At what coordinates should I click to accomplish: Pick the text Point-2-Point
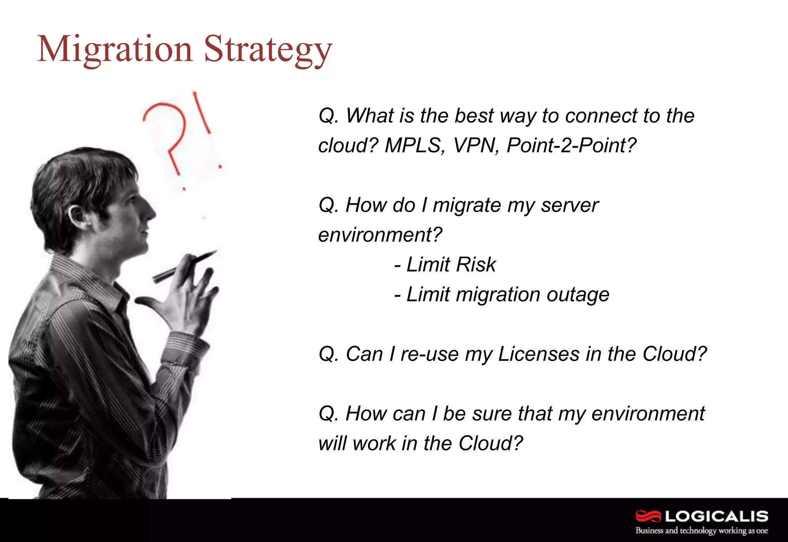571,146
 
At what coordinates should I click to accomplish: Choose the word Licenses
539,354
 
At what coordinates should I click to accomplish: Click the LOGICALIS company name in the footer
716,516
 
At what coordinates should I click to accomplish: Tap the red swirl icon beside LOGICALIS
648,516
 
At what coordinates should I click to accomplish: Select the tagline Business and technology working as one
701,531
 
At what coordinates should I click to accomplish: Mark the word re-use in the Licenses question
429,354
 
